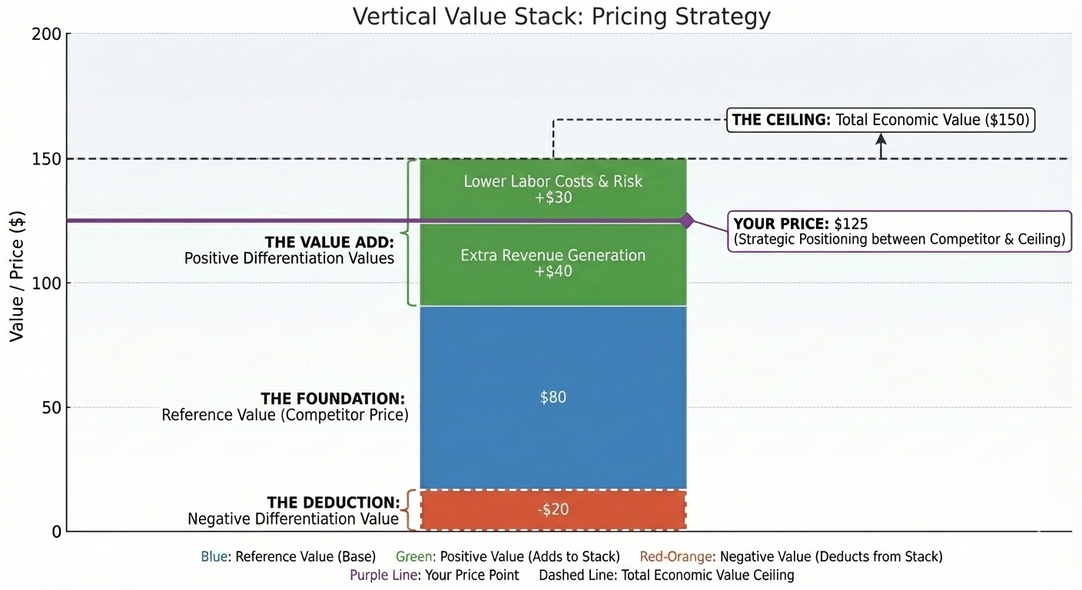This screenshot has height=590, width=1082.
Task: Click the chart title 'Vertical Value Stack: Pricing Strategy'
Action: pyautogui.click(x=561, y=16)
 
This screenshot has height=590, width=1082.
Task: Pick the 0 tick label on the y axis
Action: pyautogui.click(x=57, y=532)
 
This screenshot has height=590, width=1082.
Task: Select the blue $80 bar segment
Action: pyautogui.click(x=553, y=397)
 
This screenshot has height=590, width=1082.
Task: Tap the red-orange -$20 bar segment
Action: pyautogui.click(x=553, y=509)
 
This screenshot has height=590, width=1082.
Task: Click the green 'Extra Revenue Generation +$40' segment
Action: pyautogui.click(x=553, y=264)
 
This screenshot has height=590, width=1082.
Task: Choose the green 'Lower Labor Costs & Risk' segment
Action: pyautogui.click(x=553, y=189)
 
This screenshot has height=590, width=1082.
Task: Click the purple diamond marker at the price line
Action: pyautogui.click(x=686, y=220)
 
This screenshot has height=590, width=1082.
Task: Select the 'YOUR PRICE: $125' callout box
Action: pyautogui.click(x=899, y=231)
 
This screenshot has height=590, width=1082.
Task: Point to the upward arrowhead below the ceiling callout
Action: pyautogui.click(x=881, y=139)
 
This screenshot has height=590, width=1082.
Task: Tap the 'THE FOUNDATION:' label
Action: pyautogui.click(x=332, y=399)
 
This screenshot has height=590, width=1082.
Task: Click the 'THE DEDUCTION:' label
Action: pyautogui.click(x=333, y=503)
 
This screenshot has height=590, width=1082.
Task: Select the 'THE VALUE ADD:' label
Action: pyautogui.click(x=329, y=242)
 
